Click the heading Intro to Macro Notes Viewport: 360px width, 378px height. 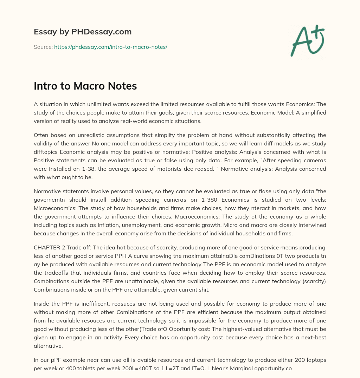coord(85,86)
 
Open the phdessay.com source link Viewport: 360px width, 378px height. coord(110,47)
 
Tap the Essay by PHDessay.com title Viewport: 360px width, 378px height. coord(83,32)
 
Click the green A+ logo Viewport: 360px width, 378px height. coord(307,41)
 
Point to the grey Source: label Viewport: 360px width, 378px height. coord(43,47)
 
